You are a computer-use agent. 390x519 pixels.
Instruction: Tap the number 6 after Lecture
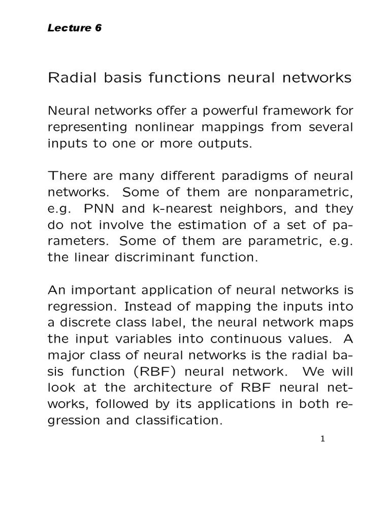coord(98,28)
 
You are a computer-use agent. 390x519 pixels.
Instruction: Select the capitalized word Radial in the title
coord(68,78)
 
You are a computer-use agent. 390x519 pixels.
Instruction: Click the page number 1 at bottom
coord(322,438)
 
